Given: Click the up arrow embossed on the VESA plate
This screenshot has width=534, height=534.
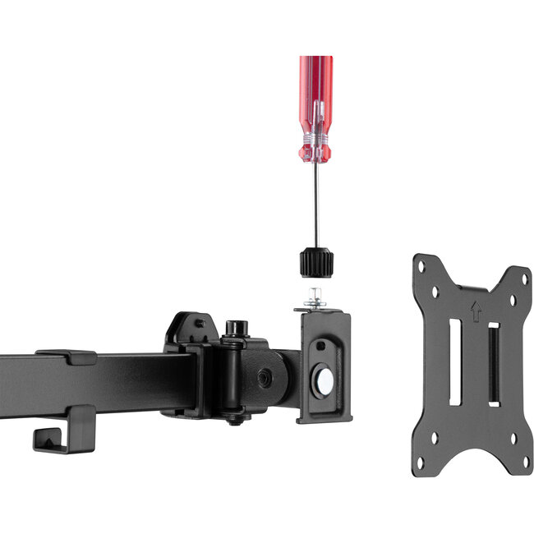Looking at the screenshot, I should tap(474, 309).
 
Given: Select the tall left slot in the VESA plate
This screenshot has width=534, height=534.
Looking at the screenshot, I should tap(454, 361).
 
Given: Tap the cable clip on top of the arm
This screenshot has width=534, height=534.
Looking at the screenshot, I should tap(66, 357).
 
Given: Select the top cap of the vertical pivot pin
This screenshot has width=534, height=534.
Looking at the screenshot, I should tap(237, 327).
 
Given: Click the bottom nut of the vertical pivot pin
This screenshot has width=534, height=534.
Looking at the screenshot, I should tap(237, 418).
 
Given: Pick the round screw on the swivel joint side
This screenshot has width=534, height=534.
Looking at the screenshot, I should tap(265, 377).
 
